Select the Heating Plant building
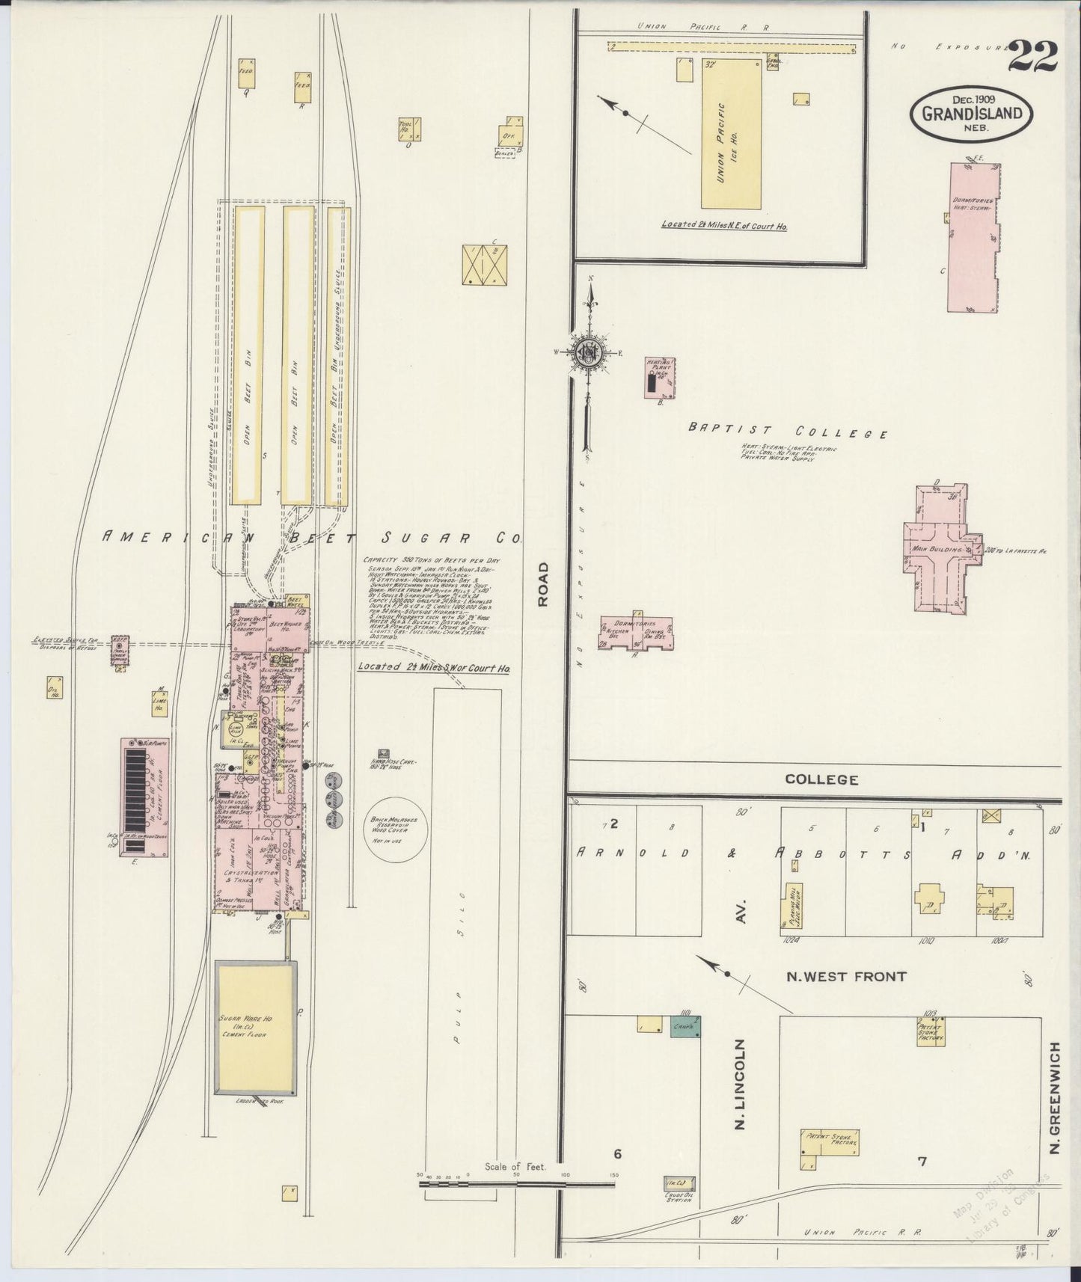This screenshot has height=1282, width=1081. click(659, 378)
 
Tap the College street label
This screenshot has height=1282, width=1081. click(821, 779)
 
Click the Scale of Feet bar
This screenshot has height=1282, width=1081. click(516, 1183)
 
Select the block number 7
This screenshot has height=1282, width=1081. click(922, 1162)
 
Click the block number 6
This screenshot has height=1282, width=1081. click(617, 1154)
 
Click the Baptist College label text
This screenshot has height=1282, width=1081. click(788, 432)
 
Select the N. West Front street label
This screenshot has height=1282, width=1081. click(846, 976)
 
